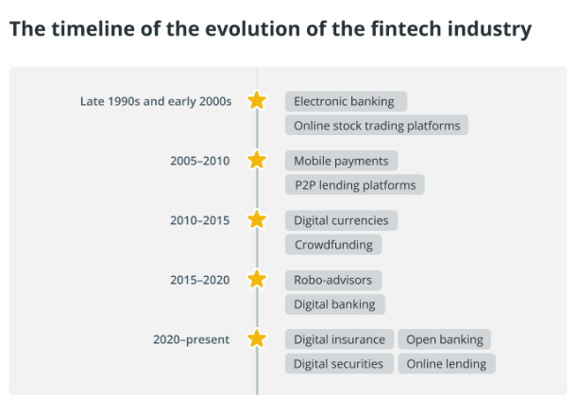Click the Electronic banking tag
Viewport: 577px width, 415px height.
[346, 101]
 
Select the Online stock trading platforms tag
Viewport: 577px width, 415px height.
[377, 125]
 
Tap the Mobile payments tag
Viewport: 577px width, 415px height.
[341, 161]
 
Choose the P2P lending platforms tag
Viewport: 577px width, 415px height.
[355, 184]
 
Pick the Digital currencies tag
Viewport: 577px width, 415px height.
[341, 220]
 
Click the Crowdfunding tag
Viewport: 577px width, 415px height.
[333, 245]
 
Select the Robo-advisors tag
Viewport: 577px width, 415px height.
[333, 280]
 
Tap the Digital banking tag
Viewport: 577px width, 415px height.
[335, 304]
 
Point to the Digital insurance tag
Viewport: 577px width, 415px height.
[339, 339]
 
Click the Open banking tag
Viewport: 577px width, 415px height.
[444, 339]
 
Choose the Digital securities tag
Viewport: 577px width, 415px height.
[339, 364]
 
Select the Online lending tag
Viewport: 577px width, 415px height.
[447, 364]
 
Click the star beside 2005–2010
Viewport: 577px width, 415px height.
[257, 160]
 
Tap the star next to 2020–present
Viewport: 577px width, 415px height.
[257, 338]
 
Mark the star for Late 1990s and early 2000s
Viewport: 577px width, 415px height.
[257, 100]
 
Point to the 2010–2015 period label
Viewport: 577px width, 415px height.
[200, 220]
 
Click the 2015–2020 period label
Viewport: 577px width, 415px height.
[200, 280]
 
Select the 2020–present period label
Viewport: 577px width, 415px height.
[191, 339]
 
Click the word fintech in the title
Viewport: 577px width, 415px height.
[405, 28]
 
